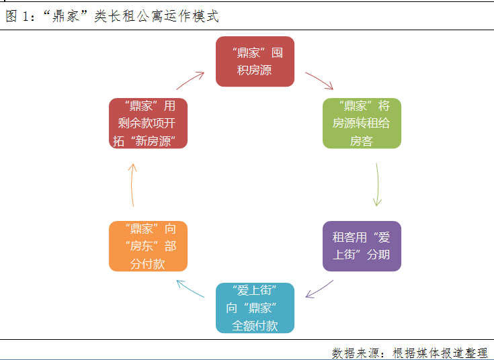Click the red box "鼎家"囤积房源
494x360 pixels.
tap(255, 61)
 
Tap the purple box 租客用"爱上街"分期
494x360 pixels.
tap(361, 246)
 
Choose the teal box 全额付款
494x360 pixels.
tap(255, 308)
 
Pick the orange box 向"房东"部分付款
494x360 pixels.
tap(148, 246)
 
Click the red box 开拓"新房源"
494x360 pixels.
tap(148, 123)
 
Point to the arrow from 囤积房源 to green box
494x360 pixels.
tap(319, 81)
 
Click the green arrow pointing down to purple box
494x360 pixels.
tap(377, 184)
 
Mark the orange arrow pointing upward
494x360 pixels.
tap(133, 184)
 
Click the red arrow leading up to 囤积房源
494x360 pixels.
tap(190, 81)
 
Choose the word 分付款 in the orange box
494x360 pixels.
tap(148, 264)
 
